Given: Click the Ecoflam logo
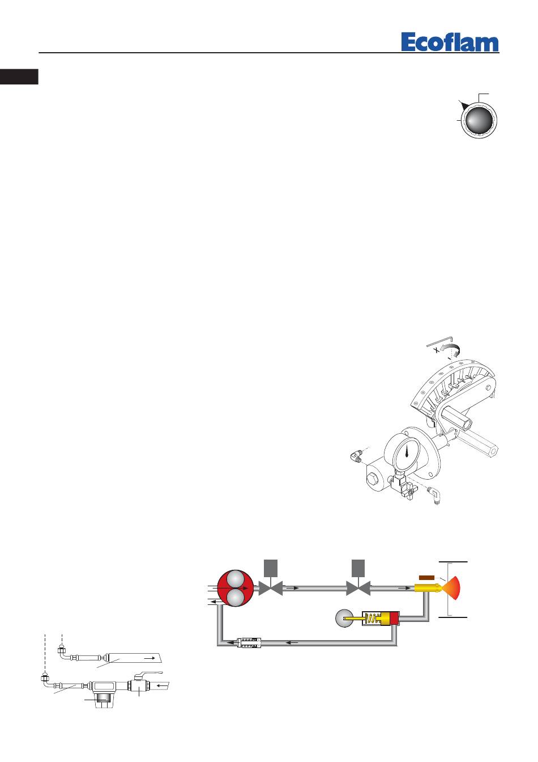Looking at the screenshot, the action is (450, 42).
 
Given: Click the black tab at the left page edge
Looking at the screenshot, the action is (19, 77).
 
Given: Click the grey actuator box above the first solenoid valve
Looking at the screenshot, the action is (271, 568).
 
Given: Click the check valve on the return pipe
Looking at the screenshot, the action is (249, 643).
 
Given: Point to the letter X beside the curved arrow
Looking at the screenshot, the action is (437, 350).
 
